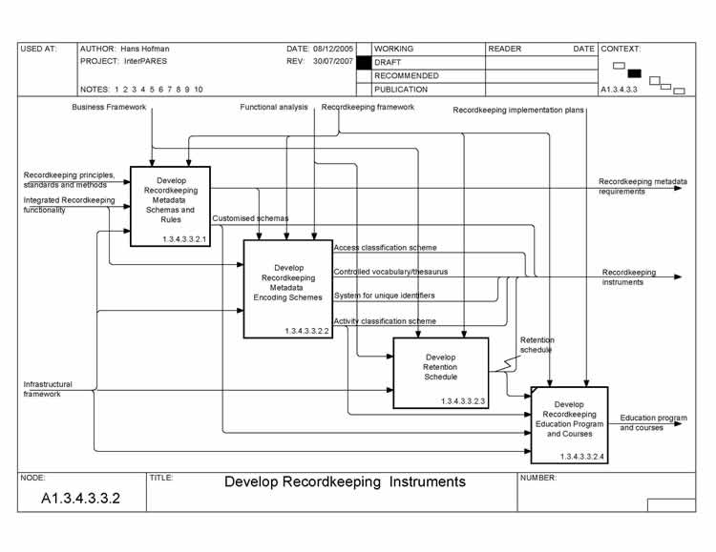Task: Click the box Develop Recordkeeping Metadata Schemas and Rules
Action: pyautogui.click(x=170, y=205)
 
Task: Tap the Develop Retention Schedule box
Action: pyautogui.click(x=440, y=372)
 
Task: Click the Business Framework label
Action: pyautogui.click(x=110, y=108)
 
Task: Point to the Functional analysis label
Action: pyautogui.click(x=274, y=108)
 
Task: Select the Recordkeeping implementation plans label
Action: pyautogui.click(x=517, y=111)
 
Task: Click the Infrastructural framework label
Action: pyautogui.click(x=48, y=389)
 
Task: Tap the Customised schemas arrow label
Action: pyautogui.click(x=250, y=218)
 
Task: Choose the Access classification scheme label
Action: pyautogui.click(x=385, y=248)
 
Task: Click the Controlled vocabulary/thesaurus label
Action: pyautogui.click(x=390, y=272)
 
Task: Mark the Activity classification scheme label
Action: pyautogui.click(x=385, y=321)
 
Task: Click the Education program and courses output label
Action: pyautogui.click(x=653, y=422)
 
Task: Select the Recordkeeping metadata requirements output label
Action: pyautogui.click(x=642, y=186)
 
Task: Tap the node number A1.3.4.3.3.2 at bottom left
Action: pyautogui.click(x=80, y=499)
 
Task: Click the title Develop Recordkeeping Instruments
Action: pyautogui.click(x=345, y=481)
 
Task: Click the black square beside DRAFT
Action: pyautogui.click(x=363, y=62)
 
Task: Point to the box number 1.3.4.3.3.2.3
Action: pyautogui.click(x=463, y=402)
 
